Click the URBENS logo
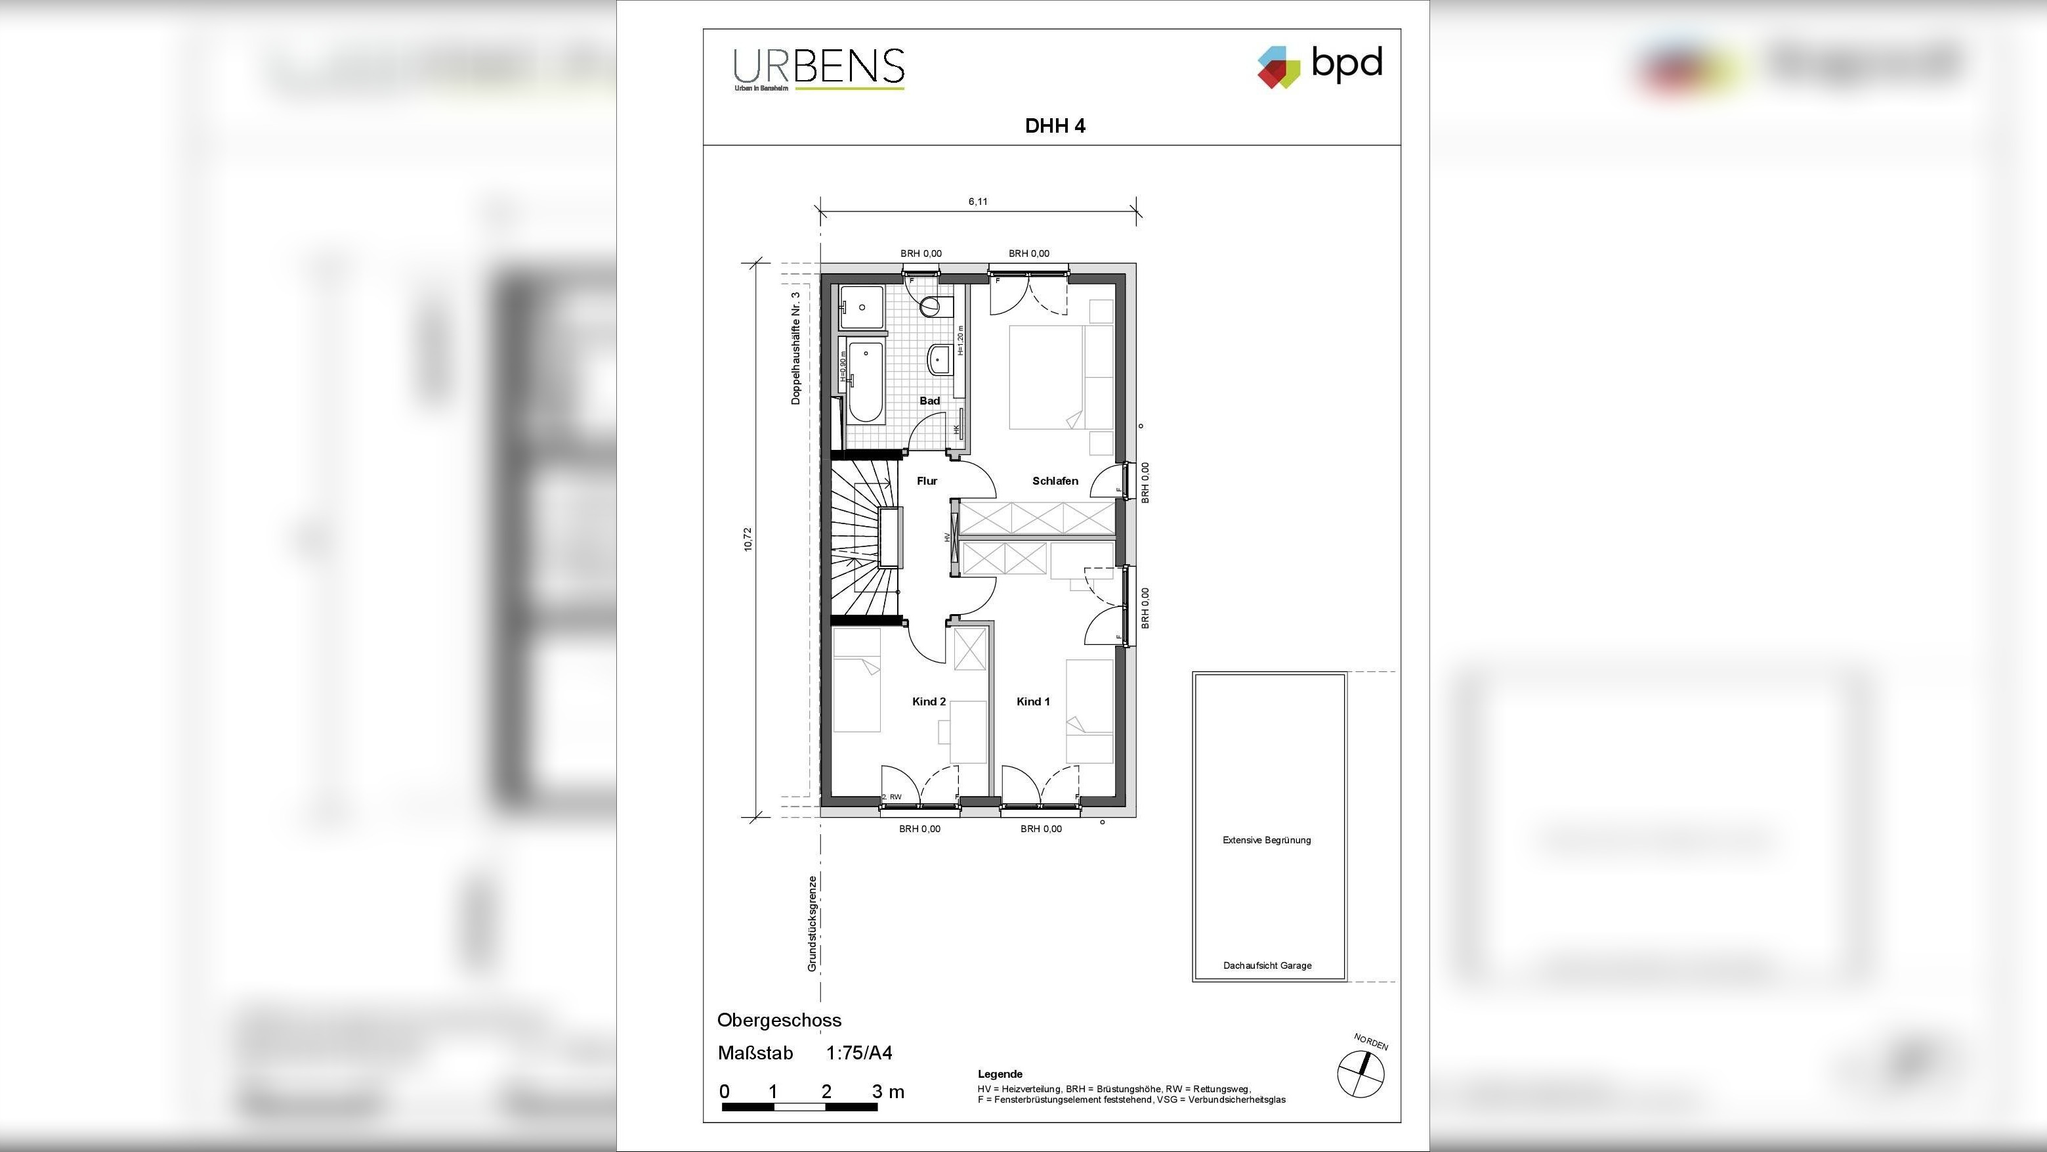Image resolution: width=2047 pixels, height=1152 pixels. pos(818,68)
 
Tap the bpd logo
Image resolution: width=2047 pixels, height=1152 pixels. pos(1320,65)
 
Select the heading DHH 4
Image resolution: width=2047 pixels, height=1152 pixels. pos(1055,126)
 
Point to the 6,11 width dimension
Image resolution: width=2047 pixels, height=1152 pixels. pos(977,202)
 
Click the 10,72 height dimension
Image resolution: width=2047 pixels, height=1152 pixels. pos(747,539)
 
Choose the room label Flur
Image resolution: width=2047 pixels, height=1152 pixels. pos(927,481)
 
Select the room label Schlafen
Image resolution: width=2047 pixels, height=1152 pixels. pos(1055,481)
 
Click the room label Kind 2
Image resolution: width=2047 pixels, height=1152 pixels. pos(928,701)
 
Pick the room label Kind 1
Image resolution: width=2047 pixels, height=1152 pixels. pos(1033,701)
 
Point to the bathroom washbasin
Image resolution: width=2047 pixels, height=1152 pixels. pos(939,359)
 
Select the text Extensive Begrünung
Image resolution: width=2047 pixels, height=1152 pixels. pos(1266,839)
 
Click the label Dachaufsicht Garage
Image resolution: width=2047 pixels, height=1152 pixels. pos(1267,965)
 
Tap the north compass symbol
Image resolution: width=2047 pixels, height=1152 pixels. pos(1361,1073)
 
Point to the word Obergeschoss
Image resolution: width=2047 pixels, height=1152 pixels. pos(779,1020)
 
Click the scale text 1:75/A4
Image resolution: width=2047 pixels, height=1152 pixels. pos(858,1053)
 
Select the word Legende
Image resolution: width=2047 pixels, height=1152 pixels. pos(1000,1074)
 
